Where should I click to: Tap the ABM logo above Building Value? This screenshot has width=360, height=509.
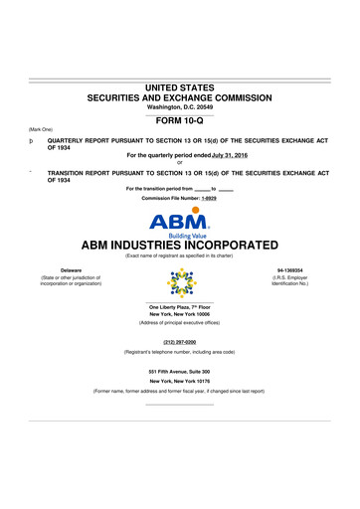(x=179, y=222)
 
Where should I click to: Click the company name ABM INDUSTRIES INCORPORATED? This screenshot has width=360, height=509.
(x=180, y=245)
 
